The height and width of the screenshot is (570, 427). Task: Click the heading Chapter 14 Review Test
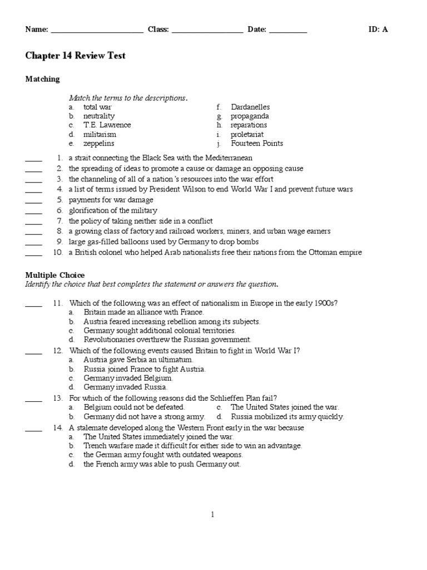(x=76, y=56)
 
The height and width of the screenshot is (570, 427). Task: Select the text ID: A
(x=378, y=30)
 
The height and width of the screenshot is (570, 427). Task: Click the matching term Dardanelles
(x=250, y=107)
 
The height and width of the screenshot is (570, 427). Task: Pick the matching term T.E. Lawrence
(x=107, y=125)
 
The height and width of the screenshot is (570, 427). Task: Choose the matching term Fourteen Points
(x=257, y=144)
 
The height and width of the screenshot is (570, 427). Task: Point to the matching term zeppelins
(x=99, y=144)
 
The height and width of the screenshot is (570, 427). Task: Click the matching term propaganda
(x=250, y=116)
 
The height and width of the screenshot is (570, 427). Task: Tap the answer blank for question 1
(x=33, y=160)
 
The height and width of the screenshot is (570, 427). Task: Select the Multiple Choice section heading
(x=55, y=276)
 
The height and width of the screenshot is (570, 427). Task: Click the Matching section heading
(x=42, y=79)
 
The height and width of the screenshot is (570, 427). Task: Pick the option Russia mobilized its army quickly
(x=287, y=416)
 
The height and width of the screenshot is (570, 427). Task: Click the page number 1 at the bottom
(x=212, y=515)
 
